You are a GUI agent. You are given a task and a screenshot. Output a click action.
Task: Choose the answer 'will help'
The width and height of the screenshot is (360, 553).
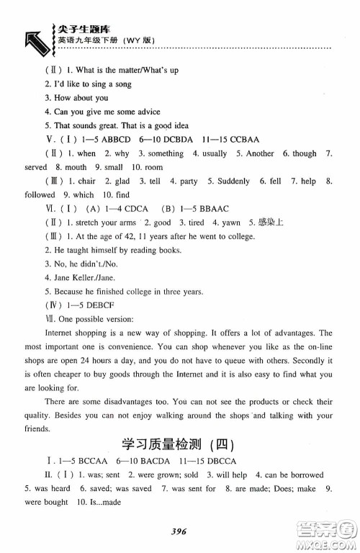point(216,475)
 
